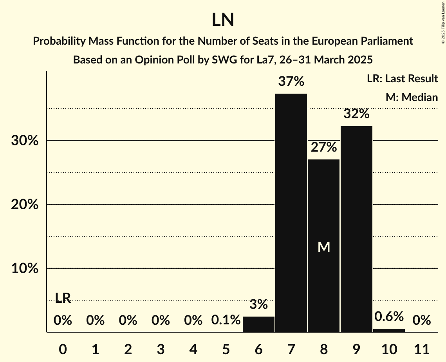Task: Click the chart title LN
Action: click(x=223, y=20)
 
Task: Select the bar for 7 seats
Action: click(x=291, y=213)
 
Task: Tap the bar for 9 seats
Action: click(x=356, y=229)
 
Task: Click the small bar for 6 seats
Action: click(x=258, y=324)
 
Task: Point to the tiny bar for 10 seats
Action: click(x=389, y=330)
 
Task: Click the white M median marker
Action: click(x=324, y=247)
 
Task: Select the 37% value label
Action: click(x=291, y=81)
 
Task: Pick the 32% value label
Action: click(x=356, y=114)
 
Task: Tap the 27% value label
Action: click(x=324, y=147)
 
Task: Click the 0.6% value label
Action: click(x=389, y=316)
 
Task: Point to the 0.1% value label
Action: click(x=226, y=320)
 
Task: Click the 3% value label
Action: click(x=258, y=304)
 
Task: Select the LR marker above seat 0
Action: click(x=63, y=298)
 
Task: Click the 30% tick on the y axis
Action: click(x=25, y=140)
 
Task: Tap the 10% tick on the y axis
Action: click(x=25, y=268)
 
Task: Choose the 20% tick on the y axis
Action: click(x=25, y=205)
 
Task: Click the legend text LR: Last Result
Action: click(x=402, y=79)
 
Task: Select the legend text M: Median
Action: click(x=411, y=97)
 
